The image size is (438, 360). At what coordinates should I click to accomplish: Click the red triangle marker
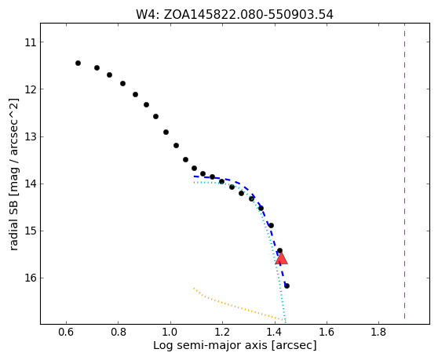[x=281, y=258]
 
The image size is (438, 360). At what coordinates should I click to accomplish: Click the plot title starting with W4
[x=235, y=15]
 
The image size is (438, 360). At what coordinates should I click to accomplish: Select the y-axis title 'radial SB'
[x=13, y=174]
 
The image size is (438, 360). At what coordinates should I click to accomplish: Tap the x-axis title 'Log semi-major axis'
[x=235, y=345]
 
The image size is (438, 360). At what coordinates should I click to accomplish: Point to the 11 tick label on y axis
[x=30, y=42]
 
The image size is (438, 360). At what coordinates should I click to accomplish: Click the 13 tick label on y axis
[x=30, y=137]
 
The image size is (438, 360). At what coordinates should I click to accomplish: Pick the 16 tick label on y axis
[x=30, y=278]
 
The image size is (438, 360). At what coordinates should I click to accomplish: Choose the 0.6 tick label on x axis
[x=66, y=332]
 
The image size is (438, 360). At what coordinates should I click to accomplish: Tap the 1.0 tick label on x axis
[x=170, y=332]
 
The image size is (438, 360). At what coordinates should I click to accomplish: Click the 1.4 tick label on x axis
[x=275, y=332]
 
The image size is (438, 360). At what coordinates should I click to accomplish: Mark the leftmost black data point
[x=78, y=63]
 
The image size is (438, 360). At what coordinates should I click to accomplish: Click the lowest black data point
[x=287, y=285]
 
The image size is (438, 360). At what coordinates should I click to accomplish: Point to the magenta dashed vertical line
[x=404, y=173]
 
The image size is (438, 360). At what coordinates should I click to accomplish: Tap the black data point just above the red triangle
[x=279, y=251]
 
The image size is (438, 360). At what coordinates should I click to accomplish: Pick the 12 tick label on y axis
[x=30, y=89]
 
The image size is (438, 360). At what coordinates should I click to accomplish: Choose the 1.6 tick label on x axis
[x=327, y=332]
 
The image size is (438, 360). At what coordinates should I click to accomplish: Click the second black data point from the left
[x=97, y=67]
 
